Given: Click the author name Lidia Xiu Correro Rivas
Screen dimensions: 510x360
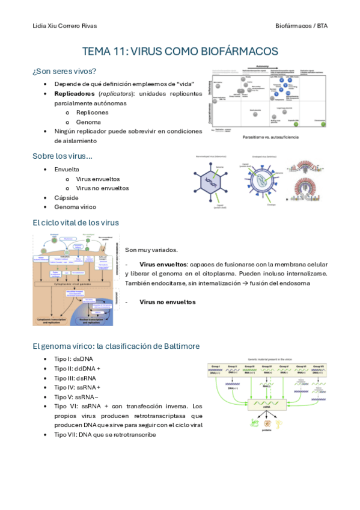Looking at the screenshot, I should pos(64,26).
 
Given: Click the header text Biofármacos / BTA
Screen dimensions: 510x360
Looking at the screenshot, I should pos(301,26).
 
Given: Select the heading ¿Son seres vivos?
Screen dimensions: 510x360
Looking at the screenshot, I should pos(64,71).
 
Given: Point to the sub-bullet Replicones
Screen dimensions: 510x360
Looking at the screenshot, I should pos(92,112).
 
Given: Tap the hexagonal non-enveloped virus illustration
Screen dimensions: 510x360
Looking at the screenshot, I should pos(213,181).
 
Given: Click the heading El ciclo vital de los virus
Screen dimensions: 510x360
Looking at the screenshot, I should pos(76,223).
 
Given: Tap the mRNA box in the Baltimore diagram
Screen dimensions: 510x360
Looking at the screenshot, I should pos(268,407).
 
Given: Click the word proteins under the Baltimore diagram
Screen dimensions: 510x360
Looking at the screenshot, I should pos(267,431).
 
